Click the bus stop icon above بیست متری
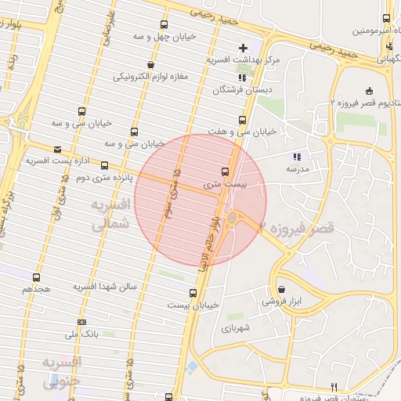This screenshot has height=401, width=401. pyautogui.click(x=226, y=171)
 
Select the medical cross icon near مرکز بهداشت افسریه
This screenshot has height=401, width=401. pyautogui.click(x=243, y=49)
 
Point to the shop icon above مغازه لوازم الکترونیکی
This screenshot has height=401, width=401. pyautogui.click(x=150, y=64)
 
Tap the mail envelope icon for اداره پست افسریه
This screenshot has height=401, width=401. pyautogui.click(x=56, y=149)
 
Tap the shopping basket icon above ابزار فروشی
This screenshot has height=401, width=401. pyautogui.click(x=281, y=288)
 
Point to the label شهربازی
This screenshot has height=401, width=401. pyautogui.click(x=234, y=328)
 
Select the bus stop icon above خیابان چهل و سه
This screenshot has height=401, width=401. pyautogui.click(x=164, y=25)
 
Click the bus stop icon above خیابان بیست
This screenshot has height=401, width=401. pyautogui.click(x=193, y=293)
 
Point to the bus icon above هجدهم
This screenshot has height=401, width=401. pyautogui.click(x=36, y=277)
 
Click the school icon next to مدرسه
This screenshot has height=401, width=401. pyautogui.click(x=296, y=157)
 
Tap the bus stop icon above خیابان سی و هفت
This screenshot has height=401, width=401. pyautogui.click(x=242, y=121)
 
